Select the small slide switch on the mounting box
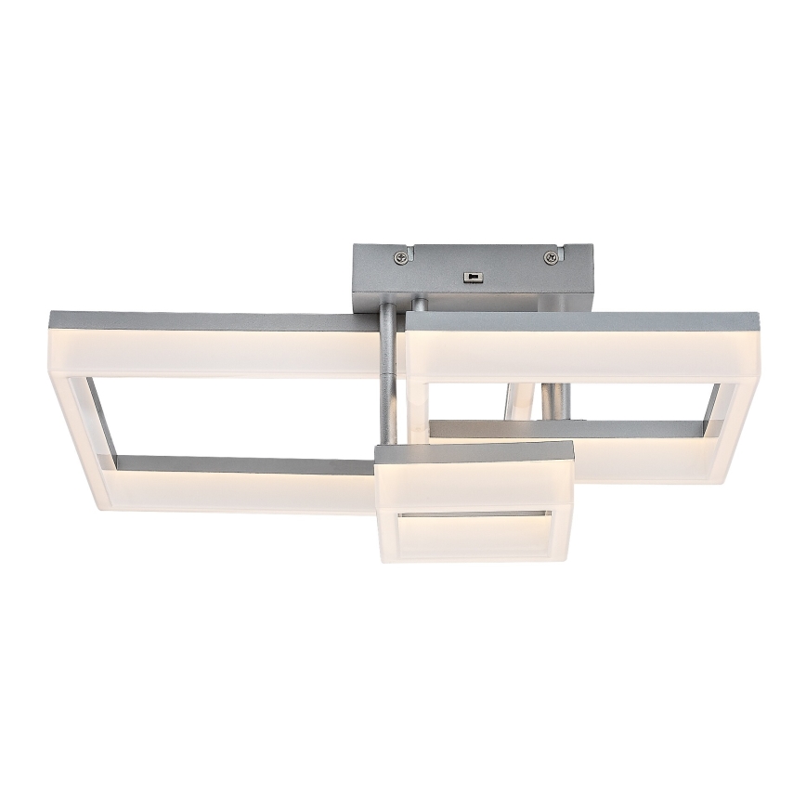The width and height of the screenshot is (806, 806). click(474, 276)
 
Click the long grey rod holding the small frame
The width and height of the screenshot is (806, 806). click(388, 381)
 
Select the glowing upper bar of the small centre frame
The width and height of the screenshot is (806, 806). click(474, 484)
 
